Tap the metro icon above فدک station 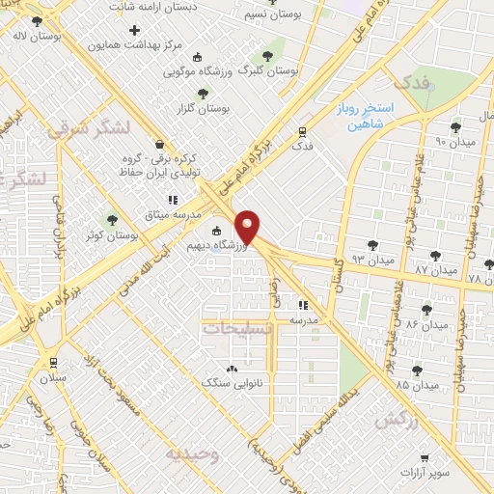pyautogui.click(x=303, y=133)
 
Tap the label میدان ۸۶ pyautogui.click(x=427, y=325)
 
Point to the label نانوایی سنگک pyautogui.click(x=232, y=382)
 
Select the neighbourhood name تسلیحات pyautogui.click(x=238, y=328)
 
